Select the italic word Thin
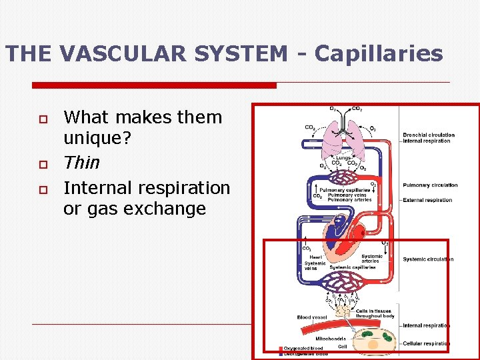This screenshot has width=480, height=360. [81, 163]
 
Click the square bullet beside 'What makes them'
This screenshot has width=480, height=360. [42, 118]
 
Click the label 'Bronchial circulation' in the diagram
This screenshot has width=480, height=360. [429, 135]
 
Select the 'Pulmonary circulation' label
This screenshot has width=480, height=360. [430, 185]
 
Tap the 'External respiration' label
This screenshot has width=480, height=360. [427, 200]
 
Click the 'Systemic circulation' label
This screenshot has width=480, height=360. [428, 259]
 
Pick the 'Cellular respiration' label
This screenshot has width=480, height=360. [426, 343]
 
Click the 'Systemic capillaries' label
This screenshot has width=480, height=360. [351, 267]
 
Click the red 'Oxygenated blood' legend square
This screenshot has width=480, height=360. [281, 349]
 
